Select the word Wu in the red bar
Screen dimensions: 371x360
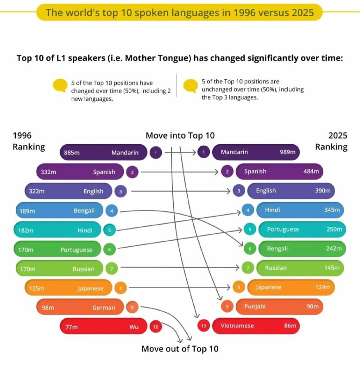[134, 327]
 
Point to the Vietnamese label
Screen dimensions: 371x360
[237, 326]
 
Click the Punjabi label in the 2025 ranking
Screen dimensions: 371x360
[255, 307]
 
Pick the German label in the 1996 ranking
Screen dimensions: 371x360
[103, 307]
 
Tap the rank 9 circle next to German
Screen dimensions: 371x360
[132, 307]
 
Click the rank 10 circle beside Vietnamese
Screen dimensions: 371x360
[203, 326]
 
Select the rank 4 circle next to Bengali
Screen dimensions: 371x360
[112, 211]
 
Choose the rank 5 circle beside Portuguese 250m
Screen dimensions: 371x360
[249, 230]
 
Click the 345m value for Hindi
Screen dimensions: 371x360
[332, 210]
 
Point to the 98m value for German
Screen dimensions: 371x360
[48, 307]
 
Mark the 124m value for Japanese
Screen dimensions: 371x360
[323, 288]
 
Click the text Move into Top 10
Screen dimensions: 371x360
[180, 135]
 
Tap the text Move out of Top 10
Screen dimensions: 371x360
[180, 349]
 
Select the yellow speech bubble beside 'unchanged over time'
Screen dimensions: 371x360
[190, 85]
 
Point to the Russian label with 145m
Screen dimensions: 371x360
[277, 268]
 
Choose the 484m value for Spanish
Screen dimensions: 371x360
[311, 172]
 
